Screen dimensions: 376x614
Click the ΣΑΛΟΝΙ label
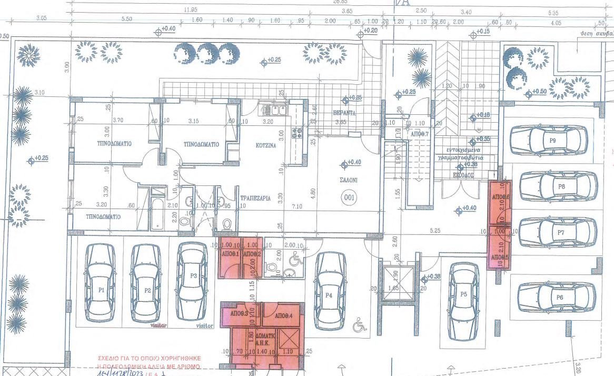click(348, 180)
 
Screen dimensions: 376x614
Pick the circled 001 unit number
click(348, 197)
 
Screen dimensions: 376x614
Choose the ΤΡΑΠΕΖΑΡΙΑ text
click(255, 199)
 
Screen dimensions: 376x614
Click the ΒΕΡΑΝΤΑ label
click(345, 113)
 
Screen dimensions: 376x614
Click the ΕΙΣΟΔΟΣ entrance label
click(465, 175)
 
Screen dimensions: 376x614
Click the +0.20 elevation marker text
click(372, 32)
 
